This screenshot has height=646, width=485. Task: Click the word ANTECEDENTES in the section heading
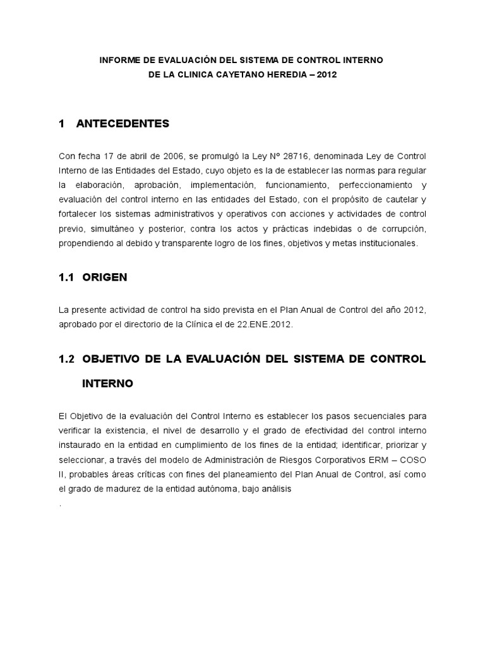click(123, 124)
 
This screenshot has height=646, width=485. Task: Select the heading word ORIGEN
click(105, 277)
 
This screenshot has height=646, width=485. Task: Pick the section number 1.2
click(66, 359)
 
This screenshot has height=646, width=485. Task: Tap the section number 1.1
click(66, 277)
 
